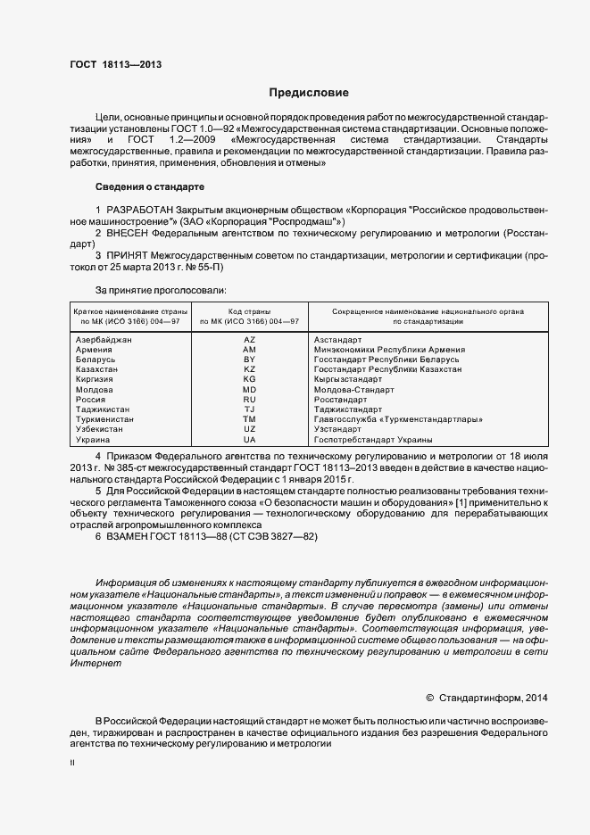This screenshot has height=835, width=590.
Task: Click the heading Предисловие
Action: coord(309,93)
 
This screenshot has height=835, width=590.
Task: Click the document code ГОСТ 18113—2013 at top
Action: coord(115,63)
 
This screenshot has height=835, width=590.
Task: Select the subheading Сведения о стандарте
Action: coord(150,187)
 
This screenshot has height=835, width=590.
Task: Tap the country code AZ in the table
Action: coord(249,340)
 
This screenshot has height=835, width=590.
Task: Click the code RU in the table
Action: coord(249,400)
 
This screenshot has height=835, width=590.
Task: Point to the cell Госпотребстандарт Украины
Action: coord(373,440)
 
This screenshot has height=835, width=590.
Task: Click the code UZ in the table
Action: coord(249,429)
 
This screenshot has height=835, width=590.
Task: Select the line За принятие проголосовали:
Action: coord(160,290)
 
